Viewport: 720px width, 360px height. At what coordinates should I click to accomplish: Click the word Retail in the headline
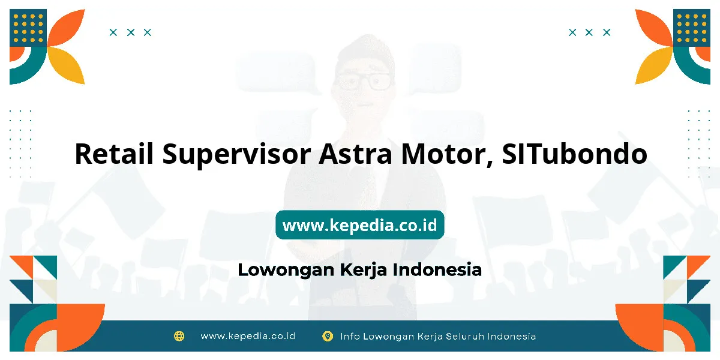[114, 154]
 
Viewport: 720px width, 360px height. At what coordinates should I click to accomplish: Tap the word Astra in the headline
[355, 154]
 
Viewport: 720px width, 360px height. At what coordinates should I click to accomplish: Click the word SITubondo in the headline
[575, 154]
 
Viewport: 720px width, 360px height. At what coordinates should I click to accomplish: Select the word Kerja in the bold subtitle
[363, 270]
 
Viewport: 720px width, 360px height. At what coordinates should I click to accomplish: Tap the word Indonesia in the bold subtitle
[437, 269]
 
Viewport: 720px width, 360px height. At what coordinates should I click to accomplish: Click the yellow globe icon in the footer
[179, 336]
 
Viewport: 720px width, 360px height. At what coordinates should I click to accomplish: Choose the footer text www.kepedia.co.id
[248, 336]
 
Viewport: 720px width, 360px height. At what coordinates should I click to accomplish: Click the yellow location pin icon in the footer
[328, 336]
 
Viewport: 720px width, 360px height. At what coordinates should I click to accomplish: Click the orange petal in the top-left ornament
[67, 28]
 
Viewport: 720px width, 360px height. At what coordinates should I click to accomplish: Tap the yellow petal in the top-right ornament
[653, 66]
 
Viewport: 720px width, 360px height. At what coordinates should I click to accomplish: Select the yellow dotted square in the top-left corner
[28, 28]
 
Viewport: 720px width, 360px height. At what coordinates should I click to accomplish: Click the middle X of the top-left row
[131, 32]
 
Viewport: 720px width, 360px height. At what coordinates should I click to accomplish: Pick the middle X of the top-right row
[589, 32]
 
